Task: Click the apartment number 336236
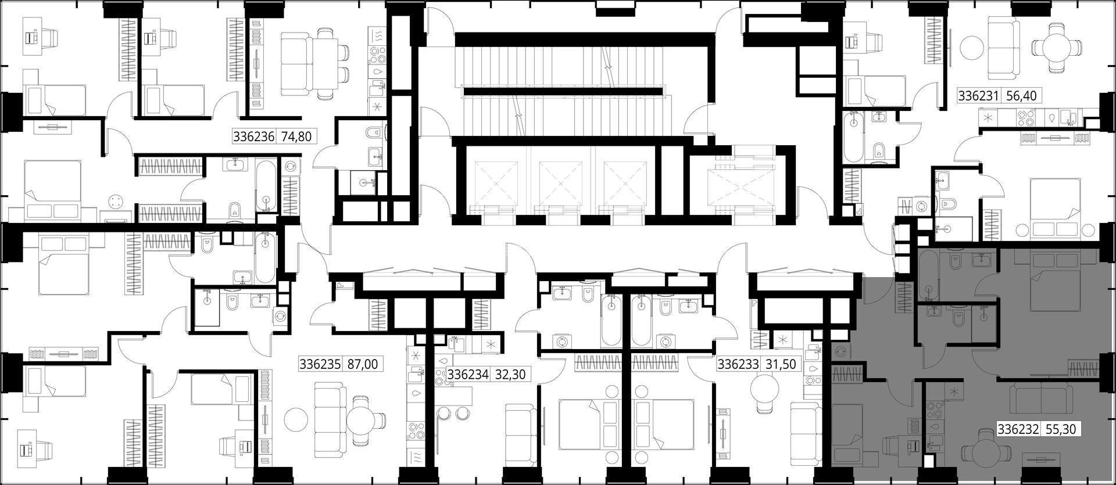[x=253, y=137]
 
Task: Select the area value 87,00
[x=362, y=364]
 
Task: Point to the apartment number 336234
[x=468, y=375]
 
